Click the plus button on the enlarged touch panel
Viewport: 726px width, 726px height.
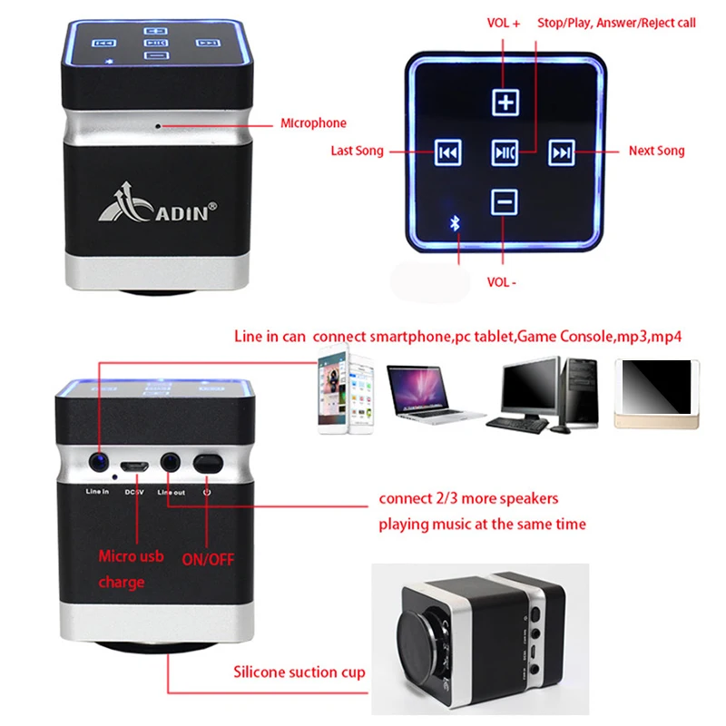[x=505, y=103]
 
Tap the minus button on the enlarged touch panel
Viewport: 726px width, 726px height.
[x=505, y=201]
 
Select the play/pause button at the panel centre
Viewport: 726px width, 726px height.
[x=505, y=152]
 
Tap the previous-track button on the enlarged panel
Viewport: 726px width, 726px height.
[x=447, y=152]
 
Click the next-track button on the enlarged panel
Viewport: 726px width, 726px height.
[x=562, y=152]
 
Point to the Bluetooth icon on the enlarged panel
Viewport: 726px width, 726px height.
[x=456, y=223]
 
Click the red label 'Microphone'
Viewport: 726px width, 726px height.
[x=313, y=123]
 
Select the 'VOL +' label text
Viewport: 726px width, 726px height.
[x=503, y=24]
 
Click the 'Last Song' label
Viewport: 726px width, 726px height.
[x=357, y=152]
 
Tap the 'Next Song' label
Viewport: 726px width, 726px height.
[x=657, y=152]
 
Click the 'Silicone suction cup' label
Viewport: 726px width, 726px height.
[x=299, y=672]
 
